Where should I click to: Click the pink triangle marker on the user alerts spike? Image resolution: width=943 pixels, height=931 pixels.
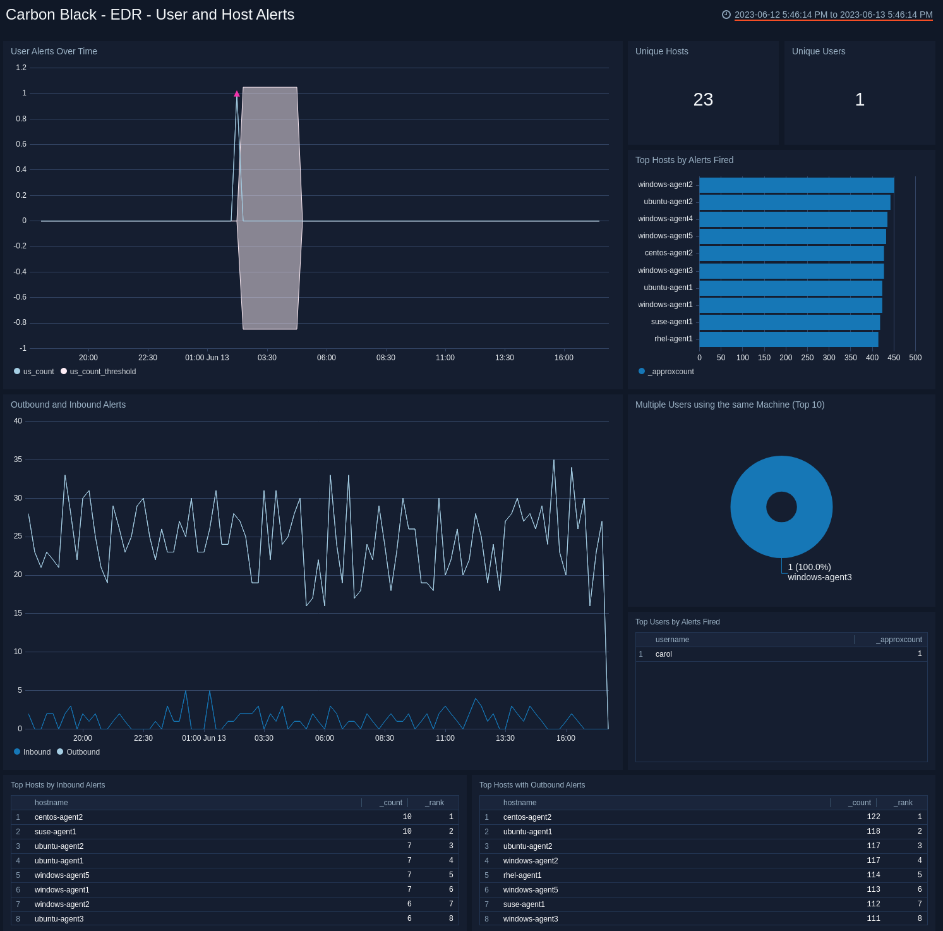pyautogui.click(x=237, y=94)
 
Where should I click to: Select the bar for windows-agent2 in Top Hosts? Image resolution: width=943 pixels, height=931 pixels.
pyautogui.click(x=796, y=185)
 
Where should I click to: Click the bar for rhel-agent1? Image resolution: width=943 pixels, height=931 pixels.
pyautogui.click(x=788, y=339)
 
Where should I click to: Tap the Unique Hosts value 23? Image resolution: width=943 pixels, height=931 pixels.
pyautogui.click(x=703, y=99)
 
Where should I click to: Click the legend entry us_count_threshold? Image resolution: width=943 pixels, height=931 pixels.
pyautogui.click(x=102, y=372)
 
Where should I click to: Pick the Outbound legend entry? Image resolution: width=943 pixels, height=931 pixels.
pyautogui.click(x=83, y=752)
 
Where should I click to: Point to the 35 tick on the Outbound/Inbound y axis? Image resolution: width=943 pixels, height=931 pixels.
pyautogui.click(x=18, y=459)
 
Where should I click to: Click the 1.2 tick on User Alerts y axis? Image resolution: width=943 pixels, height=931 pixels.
pyautogui.click(x=21, y=68)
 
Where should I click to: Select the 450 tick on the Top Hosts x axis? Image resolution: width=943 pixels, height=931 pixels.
pyautogui.click(x=894, y=358)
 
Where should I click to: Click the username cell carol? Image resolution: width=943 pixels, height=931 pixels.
pyautogui.click(x=664, y=654)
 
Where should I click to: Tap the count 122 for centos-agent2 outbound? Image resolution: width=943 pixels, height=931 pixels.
pyautogui.click(x=873, y=817)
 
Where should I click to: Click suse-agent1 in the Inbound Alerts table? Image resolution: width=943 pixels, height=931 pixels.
pyautogui.click(x=56, y=832)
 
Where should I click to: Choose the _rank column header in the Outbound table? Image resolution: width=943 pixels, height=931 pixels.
pyautogui.click(x=904, y=803)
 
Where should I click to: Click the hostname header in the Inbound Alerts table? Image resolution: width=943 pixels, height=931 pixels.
pyautogui.click(x=51, y=803)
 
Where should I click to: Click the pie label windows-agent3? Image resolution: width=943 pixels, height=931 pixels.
pyautogui.click(x=819, y=577)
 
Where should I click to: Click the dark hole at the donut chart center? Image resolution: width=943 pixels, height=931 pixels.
pyautogui.click(x=781, y=507)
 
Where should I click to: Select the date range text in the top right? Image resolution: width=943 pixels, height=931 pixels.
pyautogui.click(x=833, y=15)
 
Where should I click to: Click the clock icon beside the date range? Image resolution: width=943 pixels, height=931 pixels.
pyautogui.click(x=726, y=15)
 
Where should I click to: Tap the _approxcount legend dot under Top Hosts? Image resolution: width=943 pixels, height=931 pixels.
pyautogui.click(x=642, y=371)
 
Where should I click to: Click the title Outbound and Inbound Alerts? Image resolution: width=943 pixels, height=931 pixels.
pyautogui.click(x=68, y=405)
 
